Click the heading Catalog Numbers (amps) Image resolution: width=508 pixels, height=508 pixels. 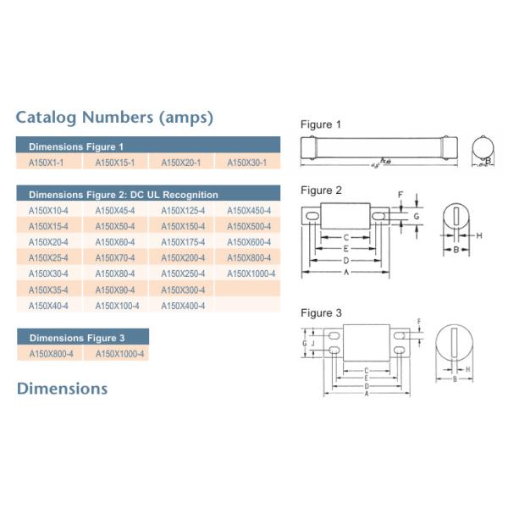114,116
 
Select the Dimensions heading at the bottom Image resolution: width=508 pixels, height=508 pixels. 63,389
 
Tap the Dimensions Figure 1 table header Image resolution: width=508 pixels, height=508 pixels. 76,146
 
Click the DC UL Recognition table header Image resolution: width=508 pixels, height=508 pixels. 124,195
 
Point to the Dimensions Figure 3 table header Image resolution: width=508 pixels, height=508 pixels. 76,338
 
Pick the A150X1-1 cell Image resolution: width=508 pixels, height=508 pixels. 48,162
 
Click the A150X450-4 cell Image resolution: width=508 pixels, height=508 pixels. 247,210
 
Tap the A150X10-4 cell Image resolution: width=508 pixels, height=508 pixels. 48,210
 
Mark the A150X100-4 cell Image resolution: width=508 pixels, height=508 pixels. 115,306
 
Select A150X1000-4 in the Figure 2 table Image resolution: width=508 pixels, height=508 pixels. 247,273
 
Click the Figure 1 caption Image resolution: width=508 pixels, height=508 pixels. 322,124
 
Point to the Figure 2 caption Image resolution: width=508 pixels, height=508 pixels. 322,190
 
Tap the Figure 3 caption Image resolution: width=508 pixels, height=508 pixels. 322,313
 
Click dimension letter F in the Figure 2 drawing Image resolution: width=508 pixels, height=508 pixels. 401,194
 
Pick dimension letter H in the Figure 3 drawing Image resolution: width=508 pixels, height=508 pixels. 468,370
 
